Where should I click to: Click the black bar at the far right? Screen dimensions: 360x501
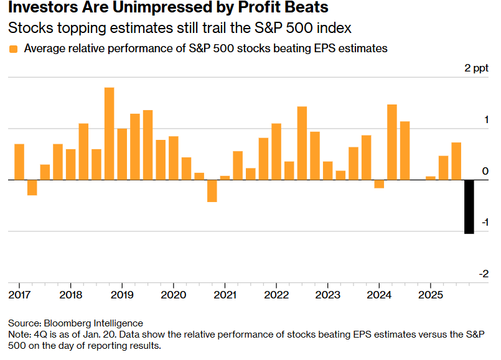pyautogui.click(x=469, y=206)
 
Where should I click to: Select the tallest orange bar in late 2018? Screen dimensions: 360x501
pyautogui.click(x=109, y=134)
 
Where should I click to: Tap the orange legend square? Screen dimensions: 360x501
pyautogui.click(x=14, y=49)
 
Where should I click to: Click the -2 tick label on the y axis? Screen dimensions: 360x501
pyautogui.click(x=484, y=274)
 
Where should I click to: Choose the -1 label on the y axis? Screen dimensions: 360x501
pyautogui.click(x=484, y=223)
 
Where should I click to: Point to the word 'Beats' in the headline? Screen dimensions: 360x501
pyautogui.click(x=305, y=9)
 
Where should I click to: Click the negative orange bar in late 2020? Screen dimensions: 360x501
pyautogui.click(x=212, y=191)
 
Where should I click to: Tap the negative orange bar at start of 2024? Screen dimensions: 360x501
pyautogui.click(x=379, y=184)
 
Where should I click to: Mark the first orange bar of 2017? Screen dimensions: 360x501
pyautogui.click(x=19, y=162)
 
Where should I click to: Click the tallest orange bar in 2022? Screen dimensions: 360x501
pyautogui.click(x=302, y=143)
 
